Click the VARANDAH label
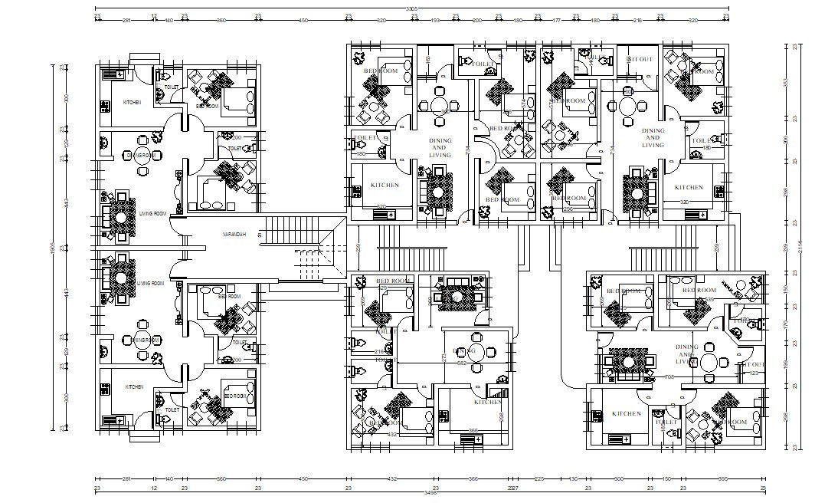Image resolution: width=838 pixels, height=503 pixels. [x=234, y=234]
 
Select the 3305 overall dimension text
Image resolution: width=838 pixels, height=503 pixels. [x=411, y=8]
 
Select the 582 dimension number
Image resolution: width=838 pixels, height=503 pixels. [x=462, y=363]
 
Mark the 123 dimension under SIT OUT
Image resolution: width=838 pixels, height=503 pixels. [x=754, y=373]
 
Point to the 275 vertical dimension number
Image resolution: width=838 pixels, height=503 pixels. [x=444, y=358]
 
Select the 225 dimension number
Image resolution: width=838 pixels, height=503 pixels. [x=538, y=478]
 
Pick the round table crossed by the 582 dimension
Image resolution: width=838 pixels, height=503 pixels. [x=476, y=353]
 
